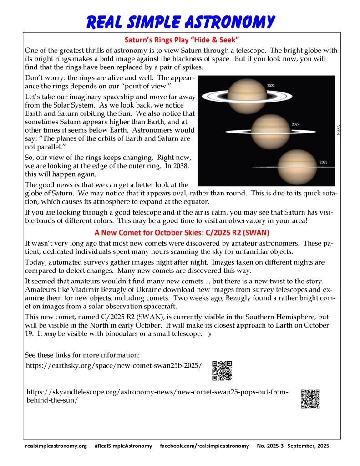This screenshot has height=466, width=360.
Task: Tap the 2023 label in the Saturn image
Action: [x=271, y=86]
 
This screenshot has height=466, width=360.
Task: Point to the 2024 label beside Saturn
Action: [x=295, y=123]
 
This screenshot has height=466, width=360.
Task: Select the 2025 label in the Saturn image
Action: [x=323, y=162]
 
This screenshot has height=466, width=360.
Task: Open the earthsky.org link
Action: [x=114, y=365]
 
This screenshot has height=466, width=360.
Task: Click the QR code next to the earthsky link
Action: [x=222, y=370]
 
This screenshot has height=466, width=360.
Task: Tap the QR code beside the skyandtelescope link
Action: [x=310, y=399]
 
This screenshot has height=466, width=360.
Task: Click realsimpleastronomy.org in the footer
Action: [x=56, y=446]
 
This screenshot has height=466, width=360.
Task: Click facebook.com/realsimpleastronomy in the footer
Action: [x=204, y=446]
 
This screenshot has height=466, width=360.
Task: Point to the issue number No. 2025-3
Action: [x=270, y=446]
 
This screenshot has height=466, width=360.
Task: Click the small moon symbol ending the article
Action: [x=209, y=335]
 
